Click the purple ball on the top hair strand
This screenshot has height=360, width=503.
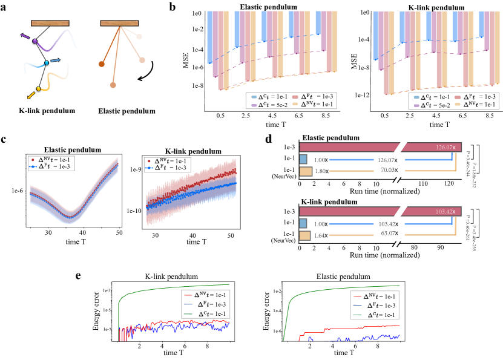click(35, 41)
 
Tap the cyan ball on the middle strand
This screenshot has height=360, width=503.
click(47, 63)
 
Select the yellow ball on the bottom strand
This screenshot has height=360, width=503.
click(39, 89)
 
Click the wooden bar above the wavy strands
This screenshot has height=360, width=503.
click(50, 23)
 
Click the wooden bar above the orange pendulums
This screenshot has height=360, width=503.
click(119, 23)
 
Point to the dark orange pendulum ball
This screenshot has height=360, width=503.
click(102, 64)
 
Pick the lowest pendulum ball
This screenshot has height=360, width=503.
click(113, 85)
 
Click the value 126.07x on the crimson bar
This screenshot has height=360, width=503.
click(445, 147)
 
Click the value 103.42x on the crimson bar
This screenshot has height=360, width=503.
click(445, 212)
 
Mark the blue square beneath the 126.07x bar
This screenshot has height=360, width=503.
click(303, 159)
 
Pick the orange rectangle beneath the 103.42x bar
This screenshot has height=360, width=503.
click(305, 236)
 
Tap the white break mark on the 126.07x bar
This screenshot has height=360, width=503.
click(401, 147)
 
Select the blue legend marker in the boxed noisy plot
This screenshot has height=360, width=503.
click(150, 168)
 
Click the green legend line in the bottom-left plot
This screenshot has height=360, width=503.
click(188, 314)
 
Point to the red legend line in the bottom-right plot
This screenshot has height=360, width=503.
click(357, 296)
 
